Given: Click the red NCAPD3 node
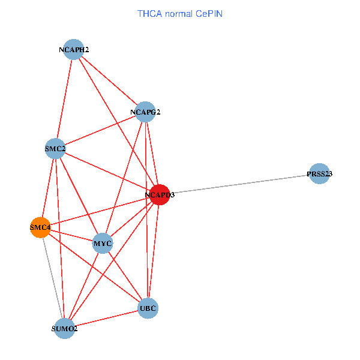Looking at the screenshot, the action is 160,194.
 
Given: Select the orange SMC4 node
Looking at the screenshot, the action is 40,227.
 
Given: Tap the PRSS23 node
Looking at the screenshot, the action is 319,173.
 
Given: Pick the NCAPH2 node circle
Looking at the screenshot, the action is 74,49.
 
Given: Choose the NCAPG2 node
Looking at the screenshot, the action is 145,112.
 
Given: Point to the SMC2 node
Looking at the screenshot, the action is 55,149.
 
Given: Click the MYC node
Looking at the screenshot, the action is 103,243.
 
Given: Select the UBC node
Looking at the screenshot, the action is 148,308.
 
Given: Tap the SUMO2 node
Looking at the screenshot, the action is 65,328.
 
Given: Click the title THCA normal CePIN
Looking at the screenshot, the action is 180,14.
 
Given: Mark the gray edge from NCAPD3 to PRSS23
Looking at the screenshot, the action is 239,184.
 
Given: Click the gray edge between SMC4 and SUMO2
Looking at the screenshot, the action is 53,278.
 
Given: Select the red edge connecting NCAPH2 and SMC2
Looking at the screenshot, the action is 65,99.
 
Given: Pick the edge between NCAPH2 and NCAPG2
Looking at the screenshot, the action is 109,80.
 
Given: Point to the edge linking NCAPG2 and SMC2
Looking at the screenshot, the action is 100,130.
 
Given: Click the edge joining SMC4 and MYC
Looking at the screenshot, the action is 71,235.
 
